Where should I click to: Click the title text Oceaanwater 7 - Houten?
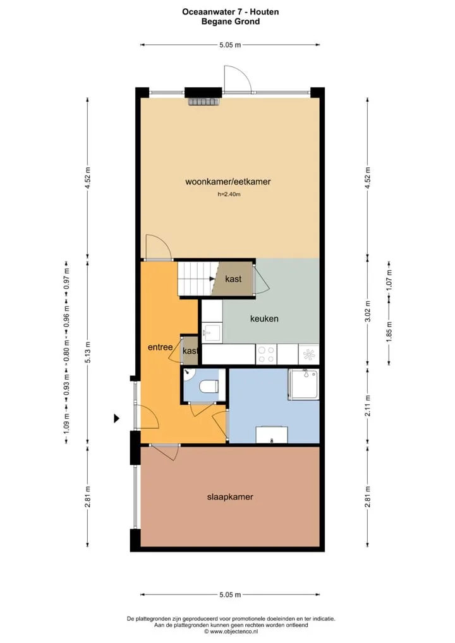230,12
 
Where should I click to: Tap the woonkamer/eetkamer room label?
228,182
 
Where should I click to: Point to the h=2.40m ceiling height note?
229,195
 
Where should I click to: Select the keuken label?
264,318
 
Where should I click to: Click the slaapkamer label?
230,497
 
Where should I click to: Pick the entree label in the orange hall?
160,347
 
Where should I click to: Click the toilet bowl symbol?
209,387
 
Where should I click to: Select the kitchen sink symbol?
212,332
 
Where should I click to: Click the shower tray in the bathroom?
303,384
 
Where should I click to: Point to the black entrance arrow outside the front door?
117,419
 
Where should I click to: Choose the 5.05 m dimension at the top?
230,45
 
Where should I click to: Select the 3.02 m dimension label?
368,311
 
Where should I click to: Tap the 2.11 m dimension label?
368,406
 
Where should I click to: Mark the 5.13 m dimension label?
87,352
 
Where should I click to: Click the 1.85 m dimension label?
389,332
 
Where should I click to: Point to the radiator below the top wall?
205,102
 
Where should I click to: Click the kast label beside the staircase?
233,279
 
